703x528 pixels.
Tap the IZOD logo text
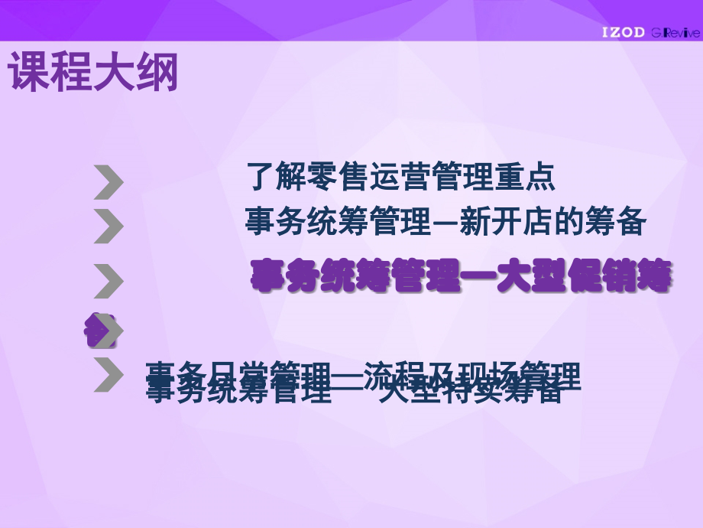pyautogui.click(x=623, y=32)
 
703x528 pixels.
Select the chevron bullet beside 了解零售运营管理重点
pyautogui.click(x=109, y=183)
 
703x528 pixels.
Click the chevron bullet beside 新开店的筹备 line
pyautogui.click(x=109, y=227)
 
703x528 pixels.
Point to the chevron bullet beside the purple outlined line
pyautogui.click(x=109, y=281)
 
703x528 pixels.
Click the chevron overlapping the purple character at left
pyautogui.click(x=107, y=331)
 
